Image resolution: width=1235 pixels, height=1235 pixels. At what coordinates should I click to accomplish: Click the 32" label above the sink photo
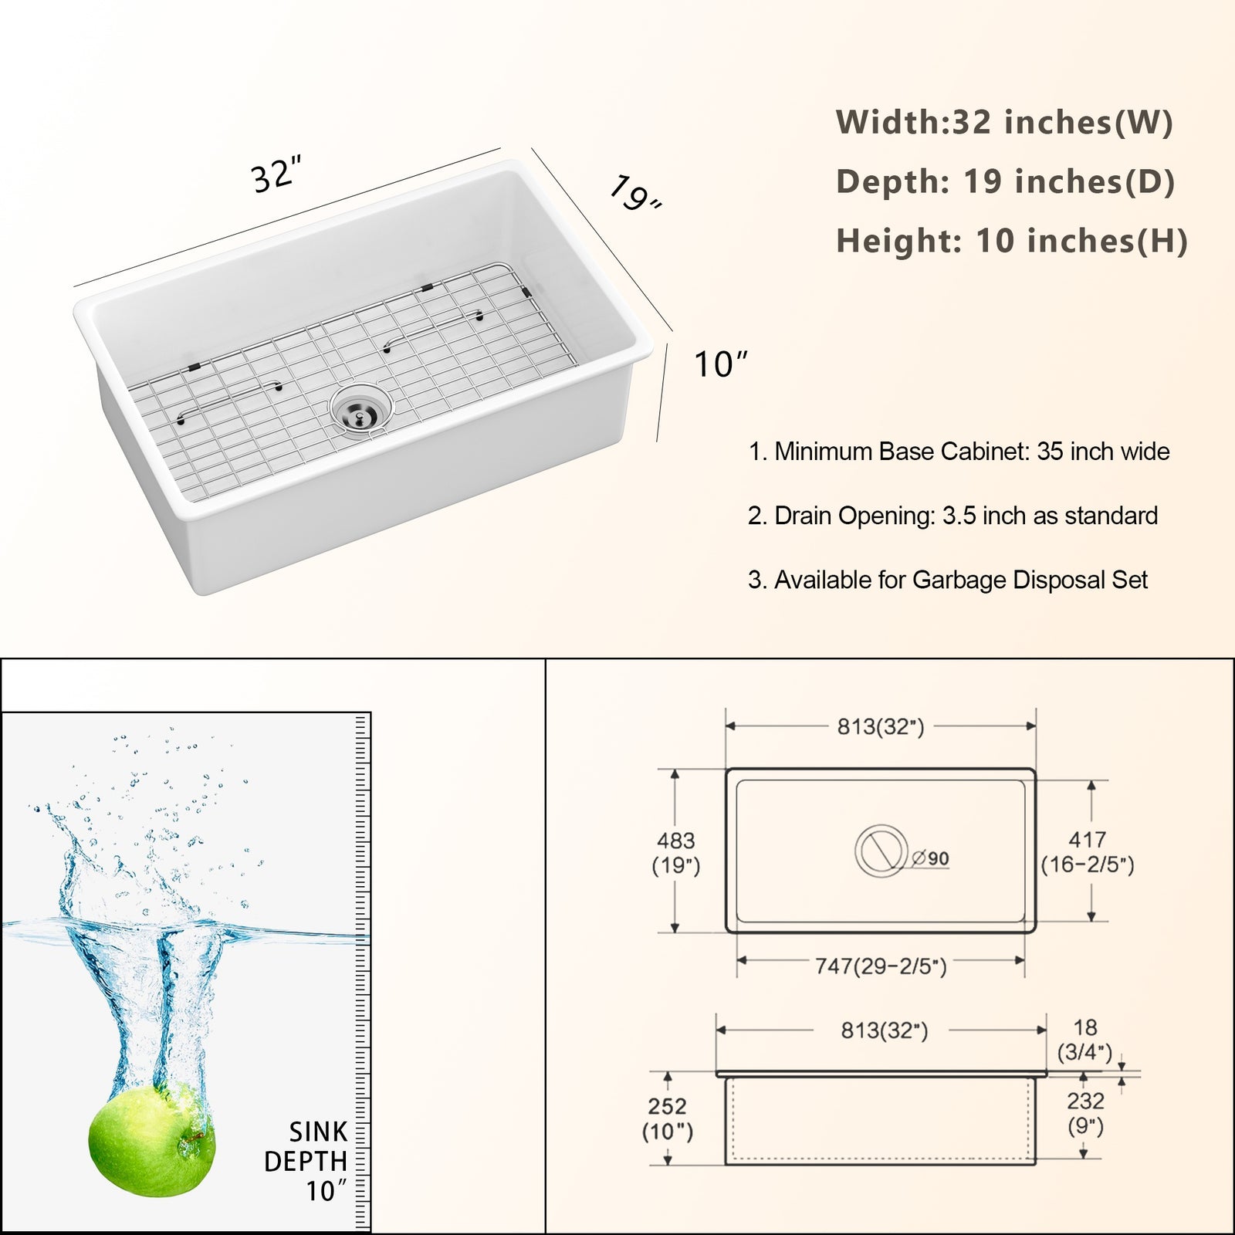276,174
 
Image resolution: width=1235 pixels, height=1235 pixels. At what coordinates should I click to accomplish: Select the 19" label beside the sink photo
635,193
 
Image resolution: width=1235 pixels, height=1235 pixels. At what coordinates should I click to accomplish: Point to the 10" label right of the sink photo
721,364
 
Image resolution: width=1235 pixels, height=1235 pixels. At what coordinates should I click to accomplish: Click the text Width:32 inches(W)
1004,122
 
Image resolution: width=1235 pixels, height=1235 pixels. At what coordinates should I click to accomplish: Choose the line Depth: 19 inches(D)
1005,181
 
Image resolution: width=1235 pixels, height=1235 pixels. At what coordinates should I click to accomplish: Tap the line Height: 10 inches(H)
1012,240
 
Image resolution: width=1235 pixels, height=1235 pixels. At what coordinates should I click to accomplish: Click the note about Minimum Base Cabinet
959,452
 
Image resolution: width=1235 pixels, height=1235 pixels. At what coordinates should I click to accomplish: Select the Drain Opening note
952,516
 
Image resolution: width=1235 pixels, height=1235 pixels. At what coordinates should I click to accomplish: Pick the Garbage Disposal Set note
947,580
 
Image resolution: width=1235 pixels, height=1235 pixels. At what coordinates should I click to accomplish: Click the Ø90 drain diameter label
930,858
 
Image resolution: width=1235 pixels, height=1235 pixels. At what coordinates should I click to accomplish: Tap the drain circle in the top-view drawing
881,851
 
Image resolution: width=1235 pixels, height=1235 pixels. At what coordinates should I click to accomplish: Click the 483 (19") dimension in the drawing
676,853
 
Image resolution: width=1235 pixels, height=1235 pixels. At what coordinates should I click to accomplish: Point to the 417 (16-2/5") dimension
1088,852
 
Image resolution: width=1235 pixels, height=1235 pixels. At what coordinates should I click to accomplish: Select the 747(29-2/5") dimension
881,966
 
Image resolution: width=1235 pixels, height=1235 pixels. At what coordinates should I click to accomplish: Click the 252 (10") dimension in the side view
668,1118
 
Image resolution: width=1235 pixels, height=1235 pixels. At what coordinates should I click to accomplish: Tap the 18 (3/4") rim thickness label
1084,1040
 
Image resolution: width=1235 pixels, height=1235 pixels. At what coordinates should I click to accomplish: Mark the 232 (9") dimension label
1085,1114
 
